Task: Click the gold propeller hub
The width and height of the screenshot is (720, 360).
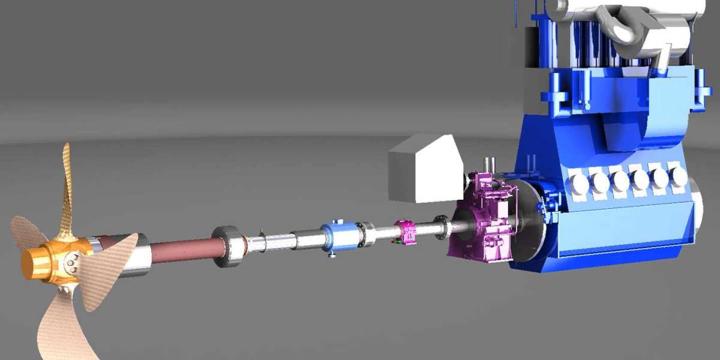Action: (x=45, y=260)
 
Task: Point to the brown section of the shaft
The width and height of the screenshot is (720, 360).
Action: (x=180, y=251)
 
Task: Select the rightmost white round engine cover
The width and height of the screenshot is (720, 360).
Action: (x=678, y=176)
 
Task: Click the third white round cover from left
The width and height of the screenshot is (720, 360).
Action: (x=620, y=179)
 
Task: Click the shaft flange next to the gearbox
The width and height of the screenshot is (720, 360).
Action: (x=443, y=226)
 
